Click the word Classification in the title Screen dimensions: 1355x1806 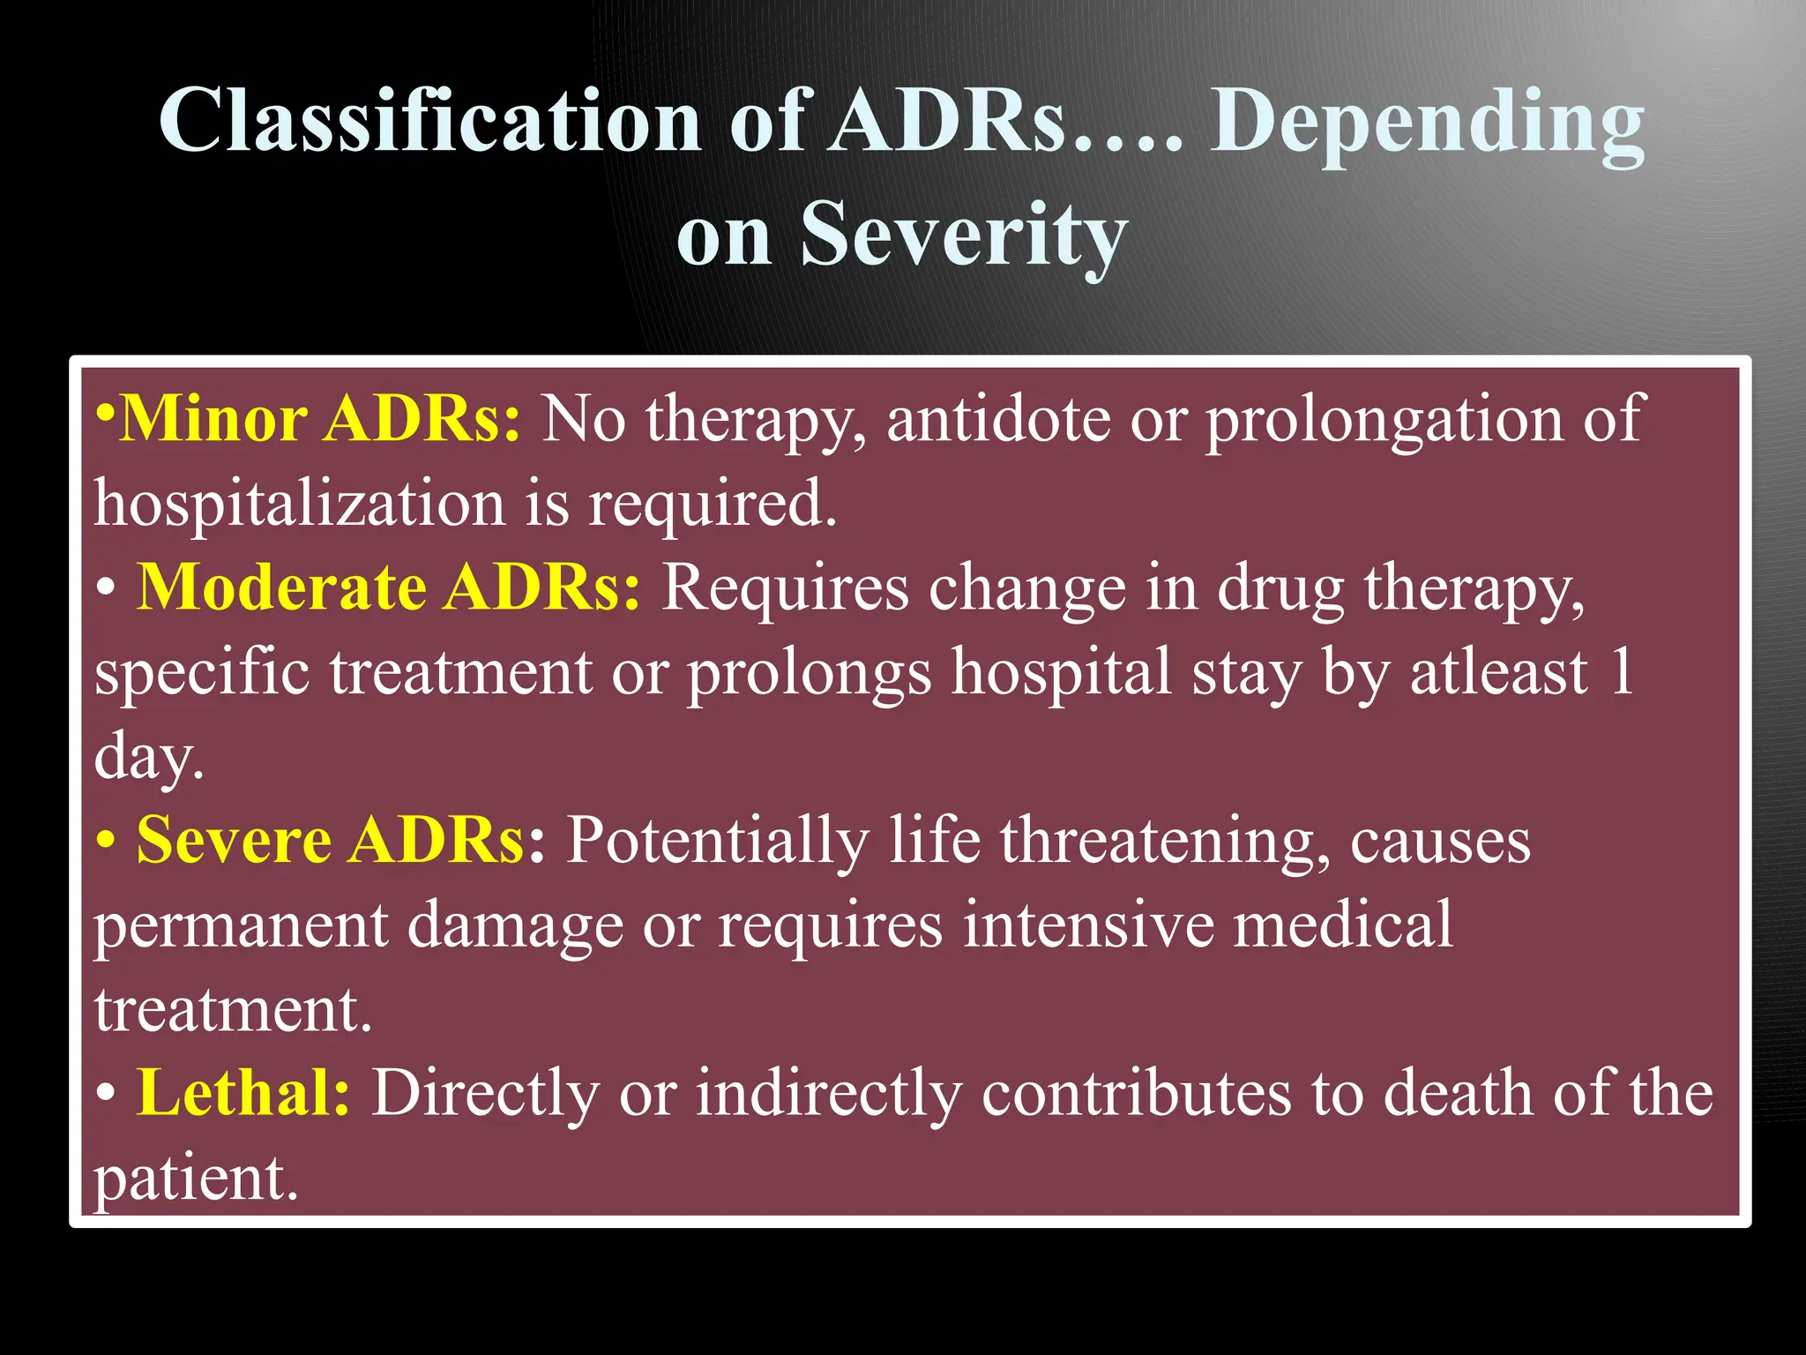(x=429, y=121)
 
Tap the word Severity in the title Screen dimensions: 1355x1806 (x=964, y=234)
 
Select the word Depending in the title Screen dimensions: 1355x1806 (x=1426, y=124)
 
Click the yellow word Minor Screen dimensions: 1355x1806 (x=213, y=418)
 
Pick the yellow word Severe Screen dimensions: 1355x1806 (x=233, y=840)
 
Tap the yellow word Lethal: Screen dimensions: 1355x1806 (x=243, y=1093)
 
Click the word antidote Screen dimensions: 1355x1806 (x=998, y=418)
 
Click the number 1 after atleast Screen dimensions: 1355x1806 (x=1621, y=671)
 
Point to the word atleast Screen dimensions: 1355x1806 (x=1498, y=671)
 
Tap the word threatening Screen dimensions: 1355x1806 (x=1165, y=840)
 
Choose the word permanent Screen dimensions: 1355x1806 (x=241, y=926)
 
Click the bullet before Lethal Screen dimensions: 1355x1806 (x=106, y=1094)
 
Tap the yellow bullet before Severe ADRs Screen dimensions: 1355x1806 (x=106, y=841)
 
